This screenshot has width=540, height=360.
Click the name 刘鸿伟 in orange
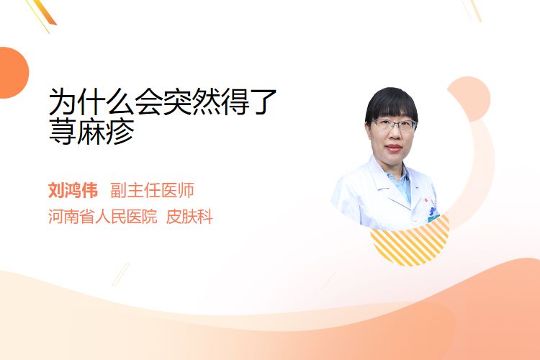pyautogui.click(x=73, y=190)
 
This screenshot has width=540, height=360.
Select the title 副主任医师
pyautogui.click(x=152, y=190)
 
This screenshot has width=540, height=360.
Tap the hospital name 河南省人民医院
pyautogui.click(x=103, y=216)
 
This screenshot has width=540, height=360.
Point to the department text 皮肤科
pyautogui.click(x=189, y=216)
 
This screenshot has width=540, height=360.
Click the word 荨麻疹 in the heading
pyautogui.click(x=91, y=132)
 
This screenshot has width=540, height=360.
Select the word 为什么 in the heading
pyautogui.click(x=91, y=102)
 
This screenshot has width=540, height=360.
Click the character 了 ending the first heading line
pyautogui.click(x=263, y=102)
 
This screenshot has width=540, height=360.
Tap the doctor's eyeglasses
pyautogui.click(x=395, y=125)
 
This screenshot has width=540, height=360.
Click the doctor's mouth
pyautogui.click(x=394, y=148)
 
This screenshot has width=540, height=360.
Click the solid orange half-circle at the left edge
pyautogui.click(x=14, y=73)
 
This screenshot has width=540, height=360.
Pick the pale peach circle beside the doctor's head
pyautogui.click(x=470, y=99)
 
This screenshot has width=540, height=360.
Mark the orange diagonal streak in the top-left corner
pyautogui.click(x=42, y=14)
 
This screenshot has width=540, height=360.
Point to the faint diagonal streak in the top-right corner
pyautogui.click(x=472, y=10)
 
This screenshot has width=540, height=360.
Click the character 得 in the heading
pyautogui.click(x=235, y=102)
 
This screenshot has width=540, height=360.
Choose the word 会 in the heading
pyautogui.click(x=148, y=102)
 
